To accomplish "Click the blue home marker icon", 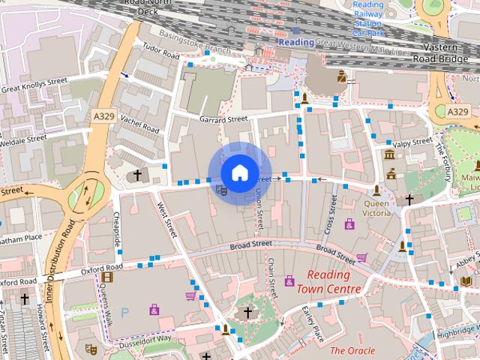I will [239, 172].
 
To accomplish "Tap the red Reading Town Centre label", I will [328, 283].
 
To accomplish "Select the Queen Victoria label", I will [376, 208].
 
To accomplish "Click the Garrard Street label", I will [223, 119].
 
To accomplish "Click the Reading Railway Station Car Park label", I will [368, 19].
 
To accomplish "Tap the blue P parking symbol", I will [125, 311].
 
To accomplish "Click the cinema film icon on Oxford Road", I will [106, 277].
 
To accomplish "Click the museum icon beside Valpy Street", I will [389, 154].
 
